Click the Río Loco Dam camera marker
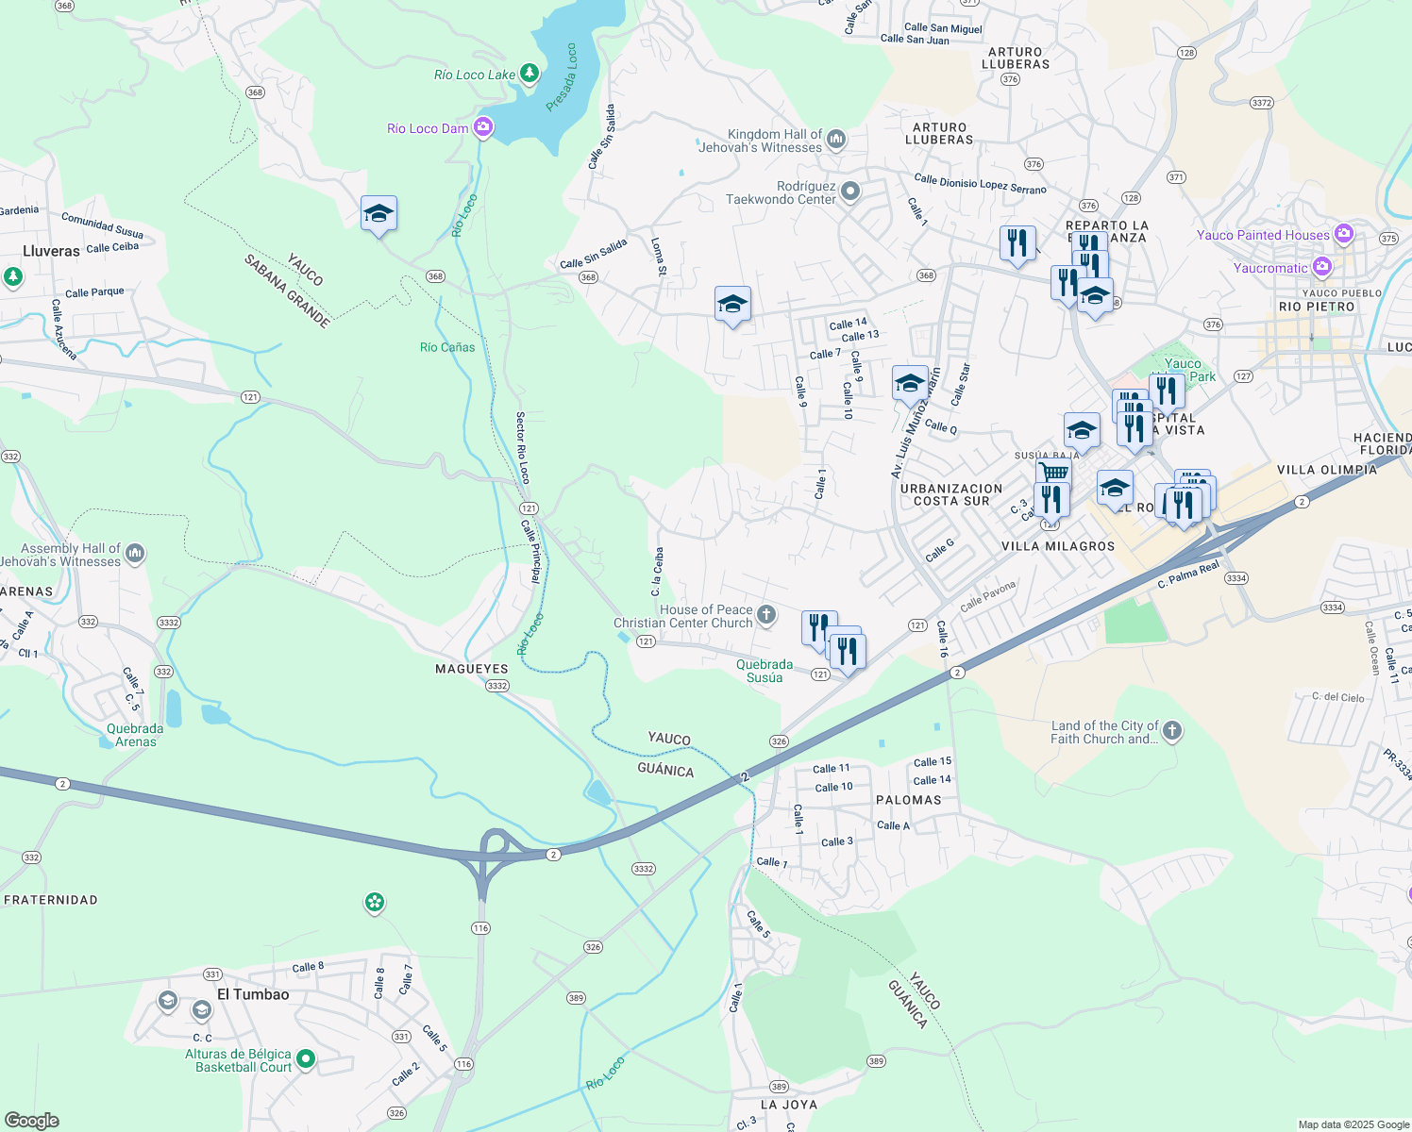(483, 126)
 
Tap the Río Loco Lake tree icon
(529, 73)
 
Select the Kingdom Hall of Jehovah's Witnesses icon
(835, 141)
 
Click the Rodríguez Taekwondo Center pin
(849, 191)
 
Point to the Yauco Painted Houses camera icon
(1343, 234)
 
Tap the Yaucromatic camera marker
(1321, 267)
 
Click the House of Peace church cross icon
(766, 615)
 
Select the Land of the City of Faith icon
(1171, 731)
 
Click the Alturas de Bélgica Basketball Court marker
(305, 1059)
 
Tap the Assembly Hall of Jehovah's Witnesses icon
(135, 553)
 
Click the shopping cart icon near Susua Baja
(1053, 471)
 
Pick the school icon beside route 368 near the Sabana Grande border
(378, 214)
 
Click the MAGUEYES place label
(471, 669)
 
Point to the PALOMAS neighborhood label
(908, 800)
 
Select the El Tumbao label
(253, 994)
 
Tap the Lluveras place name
(51, 251)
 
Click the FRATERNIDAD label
(51, 900)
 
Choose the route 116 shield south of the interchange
(480, 928)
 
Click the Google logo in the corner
(31, 1121)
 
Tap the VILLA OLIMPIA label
(1326, 470)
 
